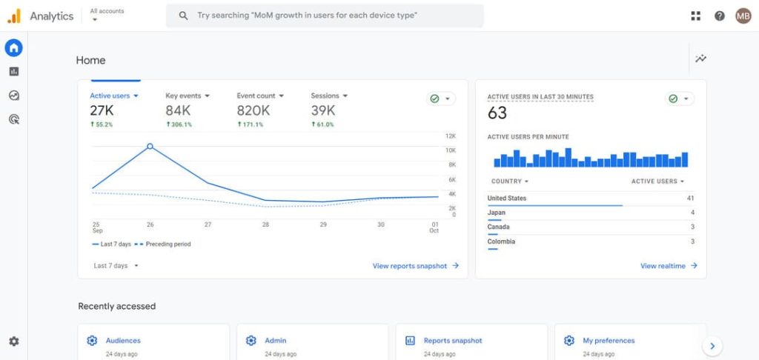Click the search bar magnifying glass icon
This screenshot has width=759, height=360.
(x=183, y=16)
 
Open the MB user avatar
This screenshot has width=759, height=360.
(x=743, y=16)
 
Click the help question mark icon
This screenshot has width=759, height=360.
(x=719, y=16)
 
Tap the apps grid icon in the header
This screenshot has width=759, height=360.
(x=695, y=16)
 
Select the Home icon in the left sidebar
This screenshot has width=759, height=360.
(x=13, y=48)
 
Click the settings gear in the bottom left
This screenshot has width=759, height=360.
(x=13, y=341)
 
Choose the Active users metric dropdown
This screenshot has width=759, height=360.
(x=114, y=96)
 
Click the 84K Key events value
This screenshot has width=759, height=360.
(x=178, y=110)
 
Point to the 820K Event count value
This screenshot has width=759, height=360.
(x=253, y=110)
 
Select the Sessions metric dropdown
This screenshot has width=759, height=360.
(x=329, y=96)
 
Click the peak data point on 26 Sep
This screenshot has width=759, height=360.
(x=150, y=147)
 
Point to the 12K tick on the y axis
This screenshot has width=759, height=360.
(x=450, y=136)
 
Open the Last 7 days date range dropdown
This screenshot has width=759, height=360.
(x=116, y=265)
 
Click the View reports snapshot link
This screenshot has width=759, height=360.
(x=415, y=266)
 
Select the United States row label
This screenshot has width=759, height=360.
(x=507, y=198)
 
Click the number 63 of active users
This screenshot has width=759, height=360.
(x=497, y=113)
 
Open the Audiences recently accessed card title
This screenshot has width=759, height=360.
(x=123, y=341)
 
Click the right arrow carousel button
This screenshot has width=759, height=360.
(x=712, y=345)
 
